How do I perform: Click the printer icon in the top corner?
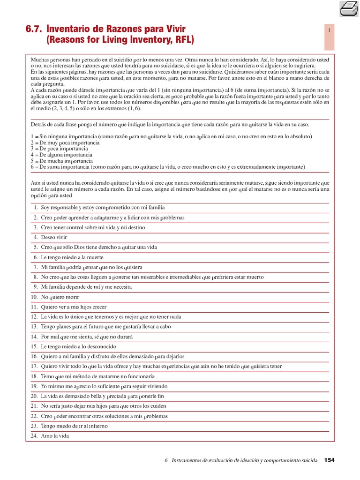click(x=349, y=8)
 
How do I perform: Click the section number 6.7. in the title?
click(x=35, y=29)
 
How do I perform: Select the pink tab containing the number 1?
click(x=330, y=31)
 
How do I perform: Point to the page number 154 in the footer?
click(x=329, y=460)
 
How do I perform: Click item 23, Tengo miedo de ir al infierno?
click(x=74, y=426)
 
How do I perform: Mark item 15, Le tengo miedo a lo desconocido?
click(x=75, y=346)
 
